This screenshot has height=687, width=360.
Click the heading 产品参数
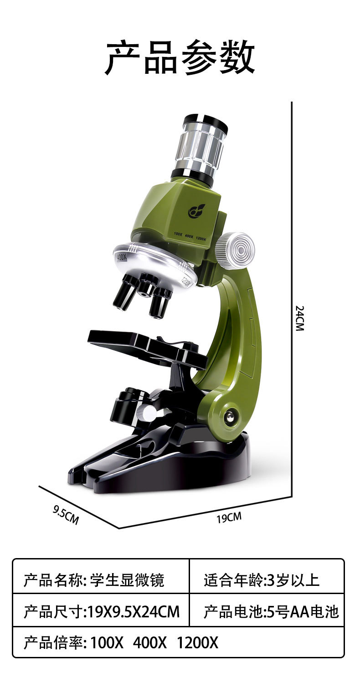[180, 58]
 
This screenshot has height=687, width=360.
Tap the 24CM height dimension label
[299, 318]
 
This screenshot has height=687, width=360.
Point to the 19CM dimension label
[229, 518]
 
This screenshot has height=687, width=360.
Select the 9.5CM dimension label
[66, 515]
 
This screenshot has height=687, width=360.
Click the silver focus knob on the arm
[235, 251]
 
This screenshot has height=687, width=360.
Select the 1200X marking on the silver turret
[186, 281]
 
